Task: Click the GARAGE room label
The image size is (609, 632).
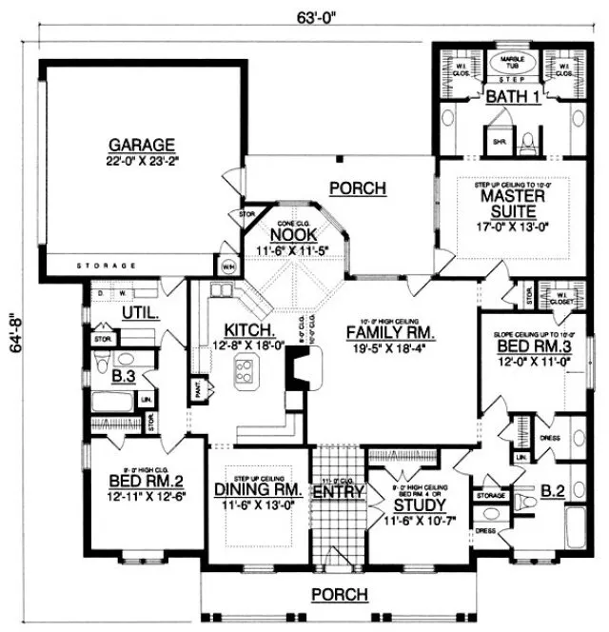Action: pos(139,145)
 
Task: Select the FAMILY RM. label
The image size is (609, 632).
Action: pos(390,334)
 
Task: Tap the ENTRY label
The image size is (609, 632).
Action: pos(338,492)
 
